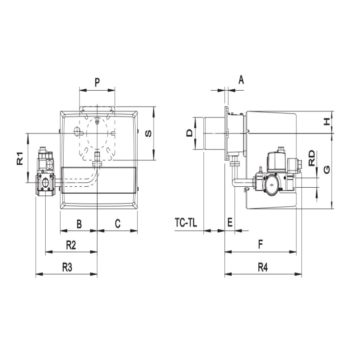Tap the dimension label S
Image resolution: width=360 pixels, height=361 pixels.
click(149, 134)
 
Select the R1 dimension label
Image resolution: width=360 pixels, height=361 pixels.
click(20, 158)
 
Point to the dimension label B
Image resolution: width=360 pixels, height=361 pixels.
click(79, 224)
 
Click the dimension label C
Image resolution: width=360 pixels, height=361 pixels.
click(117, 223)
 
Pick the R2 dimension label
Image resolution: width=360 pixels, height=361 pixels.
click(71, 245)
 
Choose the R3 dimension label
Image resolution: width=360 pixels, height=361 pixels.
click(67, 268)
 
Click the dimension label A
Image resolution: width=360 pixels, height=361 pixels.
click(241, 80)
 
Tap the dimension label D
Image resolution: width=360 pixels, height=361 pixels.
click(189, 133)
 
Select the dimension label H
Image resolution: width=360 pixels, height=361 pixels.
click(327, 122)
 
